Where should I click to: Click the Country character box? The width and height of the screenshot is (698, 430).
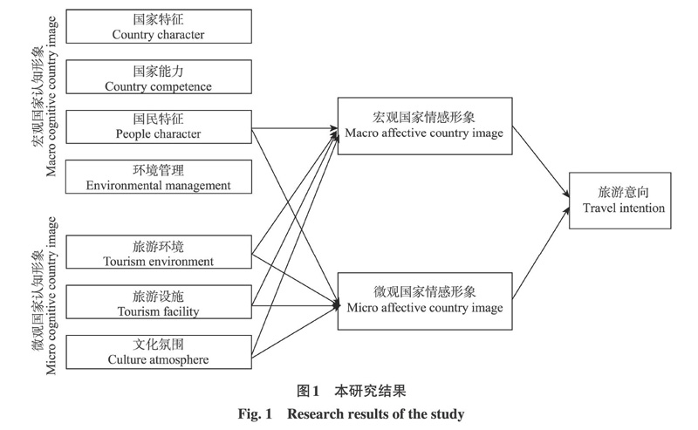(x=159, y=26)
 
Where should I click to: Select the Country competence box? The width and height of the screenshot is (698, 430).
(x=159, y=77)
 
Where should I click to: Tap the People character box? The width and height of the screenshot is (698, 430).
(x=159, y=126)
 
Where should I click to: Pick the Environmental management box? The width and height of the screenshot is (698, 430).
(x=159, y=177)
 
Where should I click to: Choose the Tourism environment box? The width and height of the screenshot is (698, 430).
(x=159, y=252)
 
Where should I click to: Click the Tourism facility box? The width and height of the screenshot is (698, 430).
(x=159, y=303)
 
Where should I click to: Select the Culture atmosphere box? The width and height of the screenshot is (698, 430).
(x=159, y=352)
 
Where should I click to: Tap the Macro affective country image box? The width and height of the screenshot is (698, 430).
(x=425, y=126)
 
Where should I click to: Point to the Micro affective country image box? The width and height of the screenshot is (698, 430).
(x=425, y=302)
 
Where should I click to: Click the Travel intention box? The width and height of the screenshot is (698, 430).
(x=620, y=201)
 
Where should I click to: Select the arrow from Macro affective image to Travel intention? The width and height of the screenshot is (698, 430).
(x=541, y=161)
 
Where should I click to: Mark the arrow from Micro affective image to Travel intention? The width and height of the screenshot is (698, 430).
(x=541, y=253)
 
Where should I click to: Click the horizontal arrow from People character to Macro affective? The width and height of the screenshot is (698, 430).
(x=295, y=128)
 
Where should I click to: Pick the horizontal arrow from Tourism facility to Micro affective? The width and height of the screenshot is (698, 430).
(x=295, y=305)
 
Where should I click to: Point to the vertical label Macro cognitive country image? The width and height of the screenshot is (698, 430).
(x=45, y=97)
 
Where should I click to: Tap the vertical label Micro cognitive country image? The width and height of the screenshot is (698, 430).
(x=45, y=296)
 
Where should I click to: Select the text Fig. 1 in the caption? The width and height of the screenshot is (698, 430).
(x=255, y=414)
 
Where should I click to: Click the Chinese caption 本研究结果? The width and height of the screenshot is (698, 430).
(x=370, y=391)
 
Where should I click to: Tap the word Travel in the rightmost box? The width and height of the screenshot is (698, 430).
(x=597, y=208)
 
